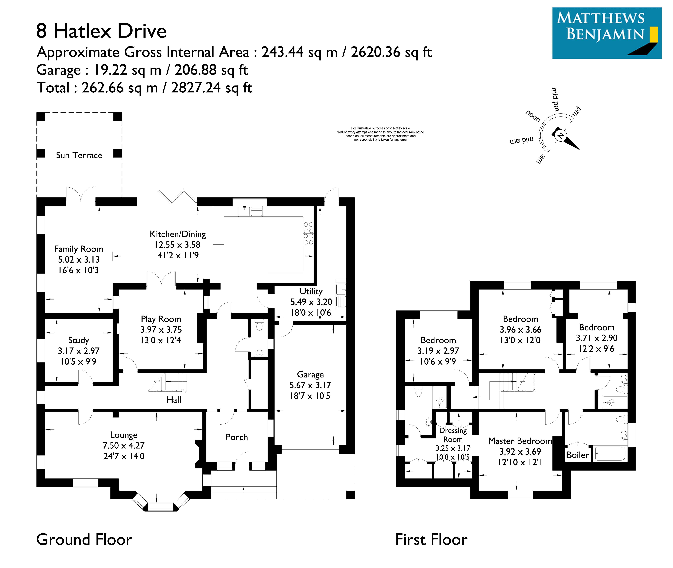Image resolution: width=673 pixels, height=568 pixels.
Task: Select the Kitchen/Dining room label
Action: coord(178,234)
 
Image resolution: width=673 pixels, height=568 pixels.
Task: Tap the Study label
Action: coord(78,340)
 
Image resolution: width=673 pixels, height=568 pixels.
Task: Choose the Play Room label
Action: coord(161,319)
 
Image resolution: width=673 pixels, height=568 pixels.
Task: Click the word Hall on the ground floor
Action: coord(174,400)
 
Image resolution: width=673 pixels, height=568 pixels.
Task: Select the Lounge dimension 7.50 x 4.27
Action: coord(124,446)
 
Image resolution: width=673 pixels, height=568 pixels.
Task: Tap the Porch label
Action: coord(237,437)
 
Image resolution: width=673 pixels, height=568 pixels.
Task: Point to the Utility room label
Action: coord(311,291)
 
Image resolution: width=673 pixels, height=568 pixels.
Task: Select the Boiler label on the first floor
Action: coord(577,455)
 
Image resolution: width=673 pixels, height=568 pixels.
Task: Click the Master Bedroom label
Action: coord(520,441)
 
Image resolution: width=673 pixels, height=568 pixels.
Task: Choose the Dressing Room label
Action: coord(453,435)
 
